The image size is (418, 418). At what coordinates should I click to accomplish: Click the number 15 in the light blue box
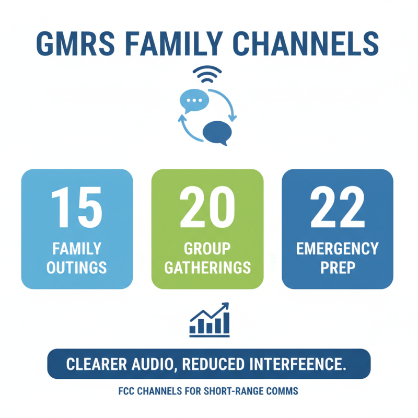(77, 207)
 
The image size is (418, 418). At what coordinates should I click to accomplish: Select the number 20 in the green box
(207, 207)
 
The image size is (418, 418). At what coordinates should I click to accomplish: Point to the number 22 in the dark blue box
(337, 207)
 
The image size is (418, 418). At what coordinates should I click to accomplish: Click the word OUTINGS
(77, 268)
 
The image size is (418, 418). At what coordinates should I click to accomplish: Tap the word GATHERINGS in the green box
(207, 268)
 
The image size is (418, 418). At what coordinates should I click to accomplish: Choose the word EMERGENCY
(337, 249)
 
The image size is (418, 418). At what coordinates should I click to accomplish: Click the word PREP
(337, 268)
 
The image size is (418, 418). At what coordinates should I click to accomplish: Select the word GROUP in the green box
(207, 249)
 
